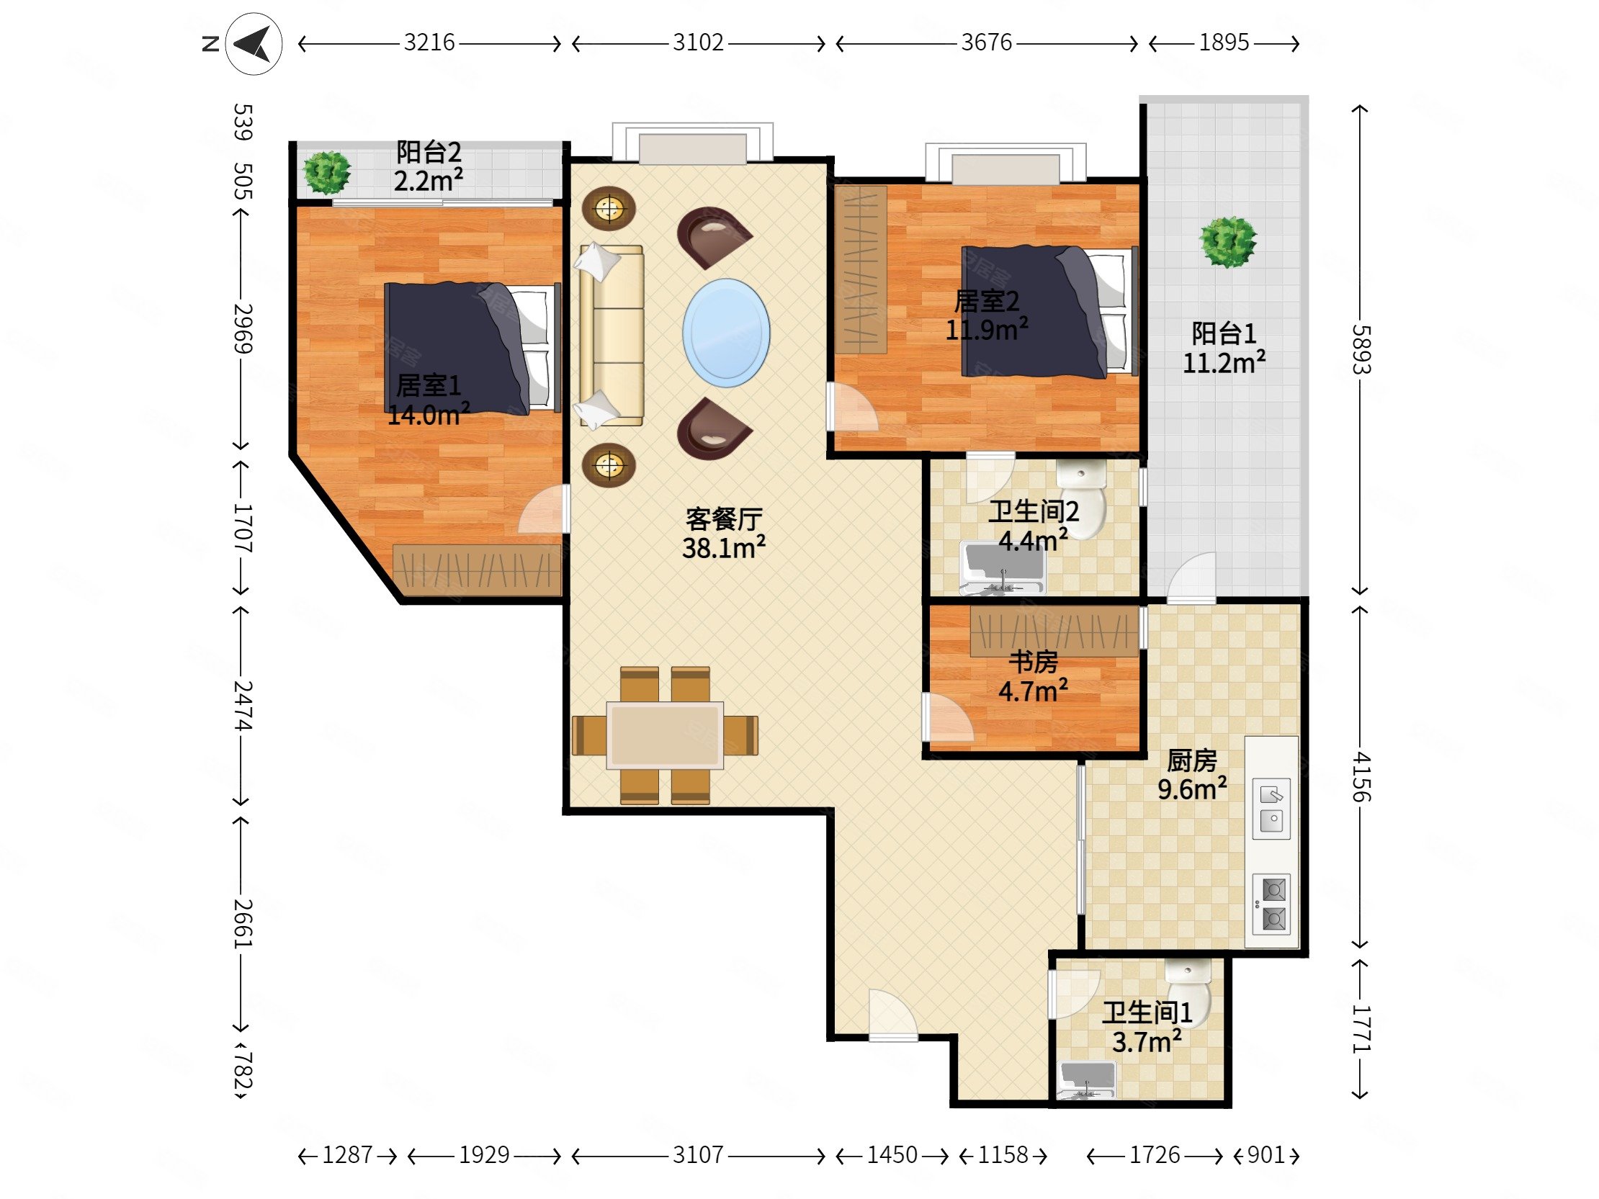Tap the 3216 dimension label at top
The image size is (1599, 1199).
pos(429,42)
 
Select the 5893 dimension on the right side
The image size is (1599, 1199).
pos(1361,350)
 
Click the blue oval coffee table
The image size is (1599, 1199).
pos(726,333)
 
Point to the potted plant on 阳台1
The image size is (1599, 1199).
pos(1228,242)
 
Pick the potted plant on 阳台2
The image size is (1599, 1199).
pos(327,172)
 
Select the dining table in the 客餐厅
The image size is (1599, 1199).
pos(664,735)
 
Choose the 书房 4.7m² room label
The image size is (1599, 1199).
pos(1033,676)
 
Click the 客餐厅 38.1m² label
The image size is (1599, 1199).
pos(724,534)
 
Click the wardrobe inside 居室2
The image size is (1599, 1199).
pos(861,269)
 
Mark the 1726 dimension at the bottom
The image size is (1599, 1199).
pos(1155,1155)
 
